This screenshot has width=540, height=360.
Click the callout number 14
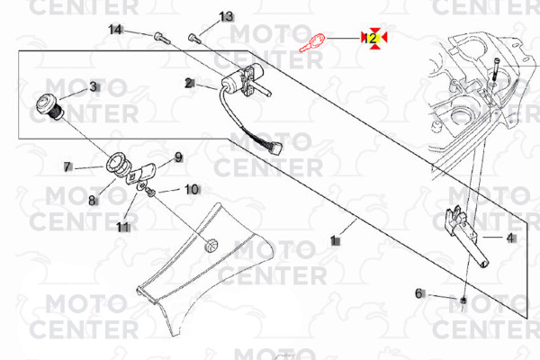(116, 30)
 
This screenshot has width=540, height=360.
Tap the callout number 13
(226, 17)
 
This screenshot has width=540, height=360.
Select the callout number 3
(92, 86)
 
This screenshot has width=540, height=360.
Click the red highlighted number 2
(373, 38)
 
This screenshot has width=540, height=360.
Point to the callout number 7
(67, 166)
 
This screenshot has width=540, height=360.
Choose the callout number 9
(178, 157)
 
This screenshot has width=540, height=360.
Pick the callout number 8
(92, 200)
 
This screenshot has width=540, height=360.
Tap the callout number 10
(192, 189)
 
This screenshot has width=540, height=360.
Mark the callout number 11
(122, 227)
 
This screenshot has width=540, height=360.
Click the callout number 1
(334, 240)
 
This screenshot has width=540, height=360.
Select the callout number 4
(510, 238)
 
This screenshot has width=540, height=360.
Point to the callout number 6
(418, 293)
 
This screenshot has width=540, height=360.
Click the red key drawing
(311, 42)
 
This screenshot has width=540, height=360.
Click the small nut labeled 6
(462, 298)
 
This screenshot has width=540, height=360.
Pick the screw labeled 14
(161, 38)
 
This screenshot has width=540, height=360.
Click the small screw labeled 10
(151, 193)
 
